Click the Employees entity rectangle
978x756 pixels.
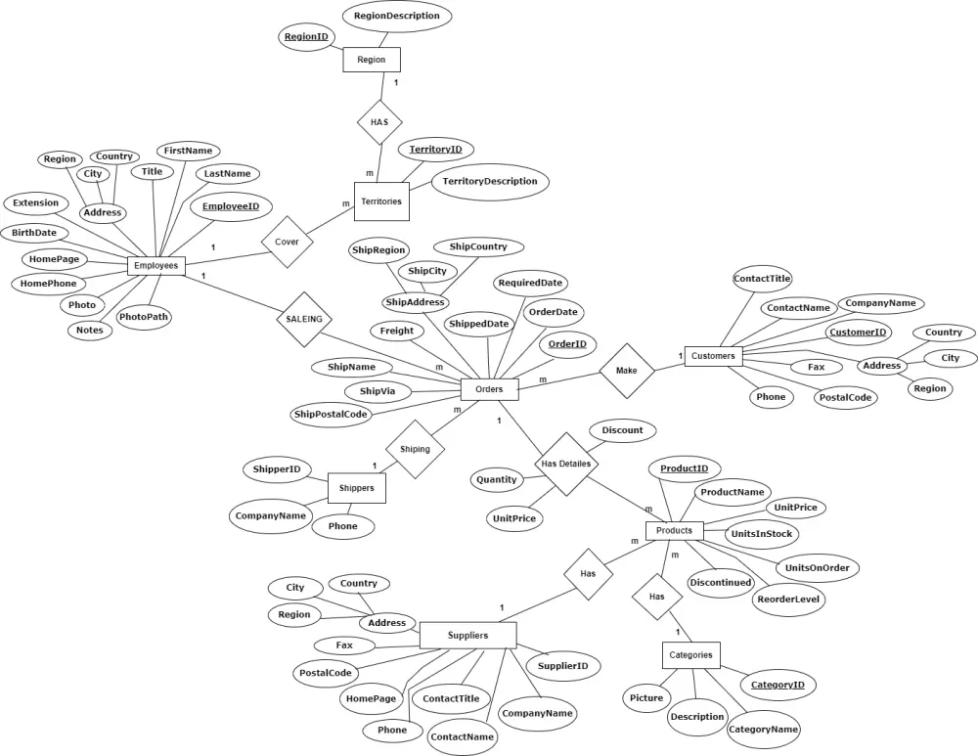pos(156,265)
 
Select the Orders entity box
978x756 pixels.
pos(489,389)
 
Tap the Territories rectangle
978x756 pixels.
pos(381,201)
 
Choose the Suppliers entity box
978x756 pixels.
pos(467,636)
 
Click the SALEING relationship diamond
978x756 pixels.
pos(304,319)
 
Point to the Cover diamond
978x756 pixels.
pos(287,241)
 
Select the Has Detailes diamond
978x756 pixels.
pos(565,464)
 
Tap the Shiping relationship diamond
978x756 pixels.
pos(415,450)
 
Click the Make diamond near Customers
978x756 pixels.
pos(627,371)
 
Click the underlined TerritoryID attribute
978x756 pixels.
pos(435,150)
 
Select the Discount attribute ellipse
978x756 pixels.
pos(622,430)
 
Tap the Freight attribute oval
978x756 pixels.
pos(397,332)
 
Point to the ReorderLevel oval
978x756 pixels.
pos(789,600)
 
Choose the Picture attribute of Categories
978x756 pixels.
pos(646,698)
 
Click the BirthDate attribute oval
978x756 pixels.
pos(34,234)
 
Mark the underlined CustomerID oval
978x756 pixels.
pos(858,333)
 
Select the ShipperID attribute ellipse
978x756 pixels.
pos(278,469)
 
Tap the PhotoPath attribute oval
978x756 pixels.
pos(144,317)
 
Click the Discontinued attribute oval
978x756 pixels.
pos(721,582)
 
